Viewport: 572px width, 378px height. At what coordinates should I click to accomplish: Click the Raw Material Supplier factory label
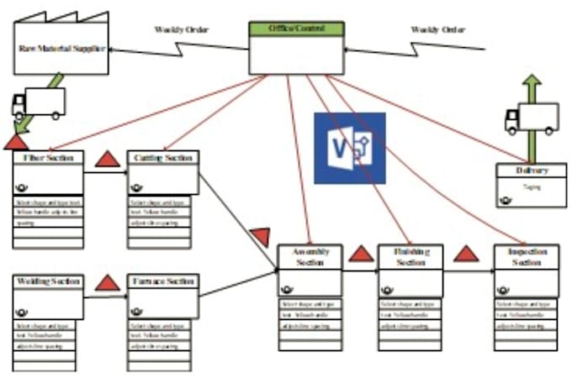(62, 49)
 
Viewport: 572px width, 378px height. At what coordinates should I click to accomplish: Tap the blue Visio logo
(350, 148)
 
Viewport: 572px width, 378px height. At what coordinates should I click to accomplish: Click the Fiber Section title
(49, 158)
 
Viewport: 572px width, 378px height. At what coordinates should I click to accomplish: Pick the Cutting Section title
(163, 158)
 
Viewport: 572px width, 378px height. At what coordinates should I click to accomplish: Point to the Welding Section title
(48, 281)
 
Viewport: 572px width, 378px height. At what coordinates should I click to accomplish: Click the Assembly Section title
(310, 257)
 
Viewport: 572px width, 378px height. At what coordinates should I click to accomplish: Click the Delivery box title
(532, 171)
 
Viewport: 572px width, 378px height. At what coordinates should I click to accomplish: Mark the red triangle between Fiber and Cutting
(107, 158)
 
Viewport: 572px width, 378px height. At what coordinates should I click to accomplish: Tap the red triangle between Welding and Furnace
(108, 282)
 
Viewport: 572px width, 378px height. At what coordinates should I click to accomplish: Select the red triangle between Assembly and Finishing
(361, 253)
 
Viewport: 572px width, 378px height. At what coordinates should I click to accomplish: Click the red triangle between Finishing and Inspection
(466, 253)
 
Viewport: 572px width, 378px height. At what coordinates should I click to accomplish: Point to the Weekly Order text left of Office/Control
(182, 29)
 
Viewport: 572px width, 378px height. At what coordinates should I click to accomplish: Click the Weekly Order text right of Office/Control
(437, 29)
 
